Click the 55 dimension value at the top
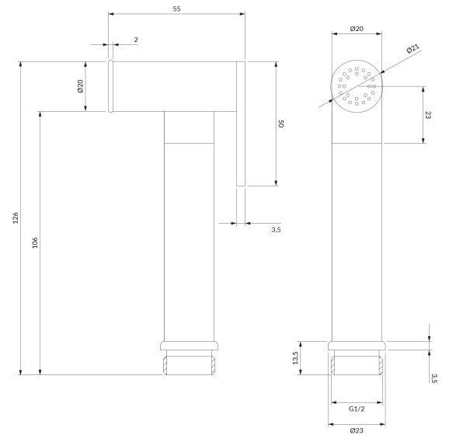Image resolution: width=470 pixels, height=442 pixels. point(176,9)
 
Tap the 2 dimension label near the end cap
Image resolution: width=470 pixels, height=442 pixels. point(136,40)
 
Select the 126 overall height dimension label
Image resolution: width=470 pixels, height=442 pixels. point(16,218)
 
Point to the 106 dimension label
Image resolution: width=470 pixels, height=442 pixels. point(35,242)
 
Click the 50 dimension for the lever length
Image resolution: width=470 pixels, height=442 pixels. point(281,124)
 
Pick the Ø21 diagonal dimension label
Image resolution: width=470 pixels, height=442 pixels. point(413,48)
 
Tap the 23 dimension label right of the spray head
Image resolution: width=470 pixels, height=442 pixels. point(428,115)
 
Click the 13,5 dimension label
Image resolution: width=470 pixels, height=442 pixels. point(295,358)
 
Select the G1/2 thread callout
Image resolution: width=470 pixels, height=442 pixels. point(357,409)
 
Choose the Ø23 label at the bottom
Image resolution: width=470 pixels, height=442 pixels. point(357,430)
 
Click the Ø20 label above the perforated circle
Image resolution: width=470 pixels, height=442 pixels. point(357,29)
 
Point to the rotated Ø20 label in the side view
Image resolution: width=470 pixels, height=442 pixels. point(80,86)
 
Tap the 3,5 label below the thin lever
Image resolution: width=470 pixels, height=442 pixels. point(276,230)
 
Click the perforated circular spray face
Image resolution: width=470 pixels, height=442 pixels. point(357,86)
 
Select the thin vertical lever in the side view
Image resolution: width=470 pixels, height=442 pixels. point(241,124)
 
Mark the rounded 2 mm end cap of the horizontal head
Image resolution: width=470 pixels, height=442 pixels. point(110,86)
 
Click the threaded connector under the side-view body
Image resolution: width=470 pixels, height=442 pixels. point(189,365)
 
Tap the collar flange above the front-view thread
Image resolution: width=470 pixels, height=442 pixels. point(357,346)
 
